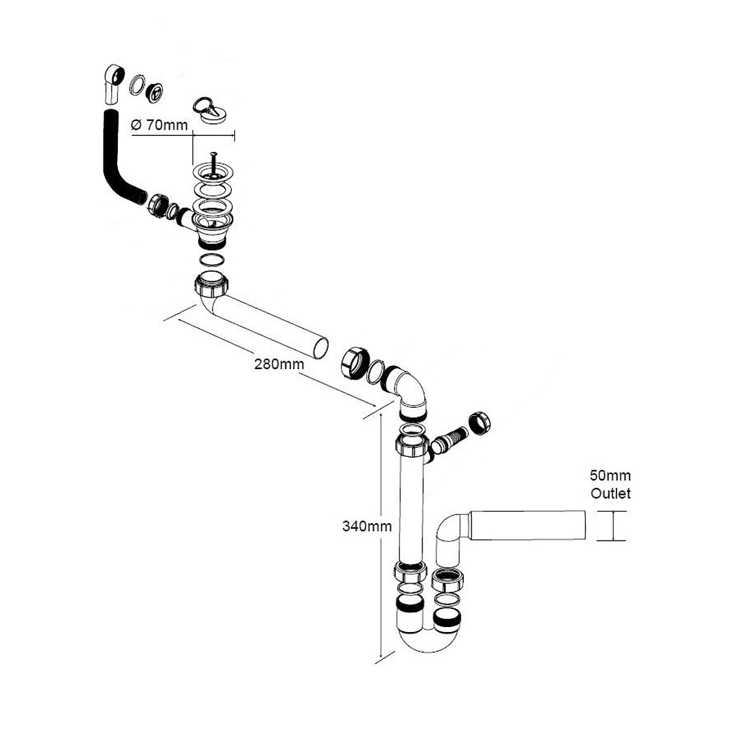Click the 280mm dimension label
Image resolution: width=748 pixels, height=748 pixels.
click(x=279, y=364)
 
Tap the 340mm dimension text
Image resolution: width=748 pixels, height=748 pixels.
click(x=367, y=526)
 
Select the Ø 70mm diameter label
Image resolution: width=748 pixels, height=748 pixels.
click(x=159, y=125)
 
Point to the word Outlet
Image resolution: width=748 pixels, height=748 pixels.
click(x=611, y=494)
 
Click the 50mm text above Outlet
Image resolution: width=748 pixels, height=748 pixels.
click(x=611, y=476)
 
